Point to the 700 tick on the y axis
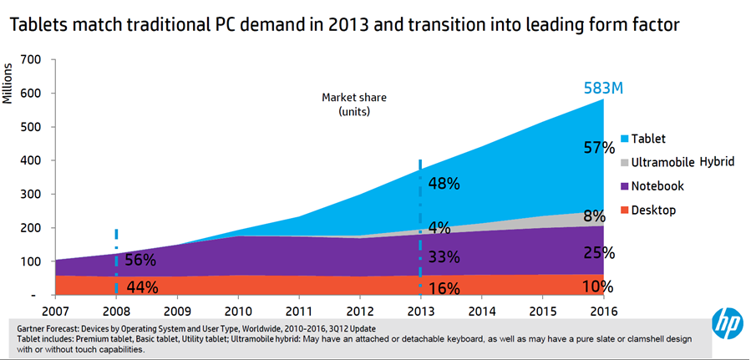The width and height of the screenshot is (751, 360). pyautogui.click(x=30, y=59)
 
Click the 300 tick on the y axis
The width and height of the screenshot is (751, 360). pyautogui.click(x=30, y=194)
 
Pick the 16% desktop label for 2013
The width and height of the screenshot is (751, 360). pyautogui.click(x=444, y=289)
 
